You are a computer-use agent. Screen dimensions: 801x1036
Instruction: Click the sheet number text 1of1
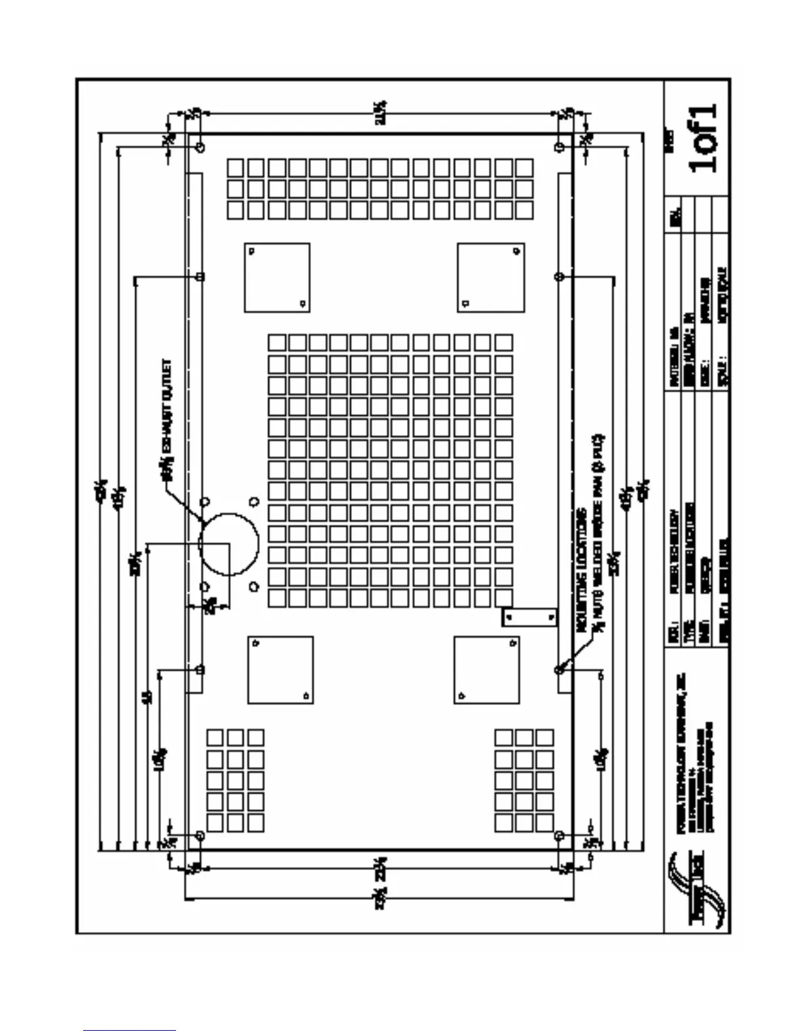[x=703, y=137]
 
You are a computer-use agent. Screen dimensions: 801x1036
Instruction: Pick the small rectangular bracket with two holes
[x=529, y=617]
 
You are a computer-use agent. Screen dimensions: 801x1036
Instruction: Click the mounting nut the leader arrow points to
[x=559, y=670]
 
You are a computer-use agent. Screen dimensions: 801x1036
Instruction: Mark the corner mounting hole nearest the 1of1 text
[x=558, y=145]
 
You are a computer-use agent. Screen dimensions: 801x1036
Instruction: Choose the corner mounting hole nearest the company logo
[x=559, y=836]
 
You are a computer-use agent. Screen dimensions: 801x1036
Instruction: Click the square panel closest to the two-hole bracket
[x=486, y=670]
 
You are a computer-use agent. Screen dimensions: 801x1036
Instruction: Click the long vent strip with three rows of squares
[x=380, y=189]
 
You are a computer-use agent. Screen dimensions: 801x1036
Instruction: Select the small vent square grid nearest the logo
[x=524, y=780]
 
